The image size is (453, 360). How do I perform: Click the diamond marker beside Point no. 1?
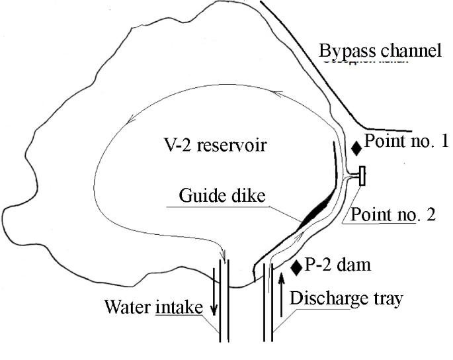(356, 148)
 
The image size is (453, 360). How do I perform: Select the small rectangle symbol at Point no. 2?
(362, 177)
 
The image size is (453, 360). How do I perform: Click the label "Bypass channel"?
(380, 50)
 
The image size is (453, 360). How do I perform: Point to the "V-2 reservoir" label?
(216, 144)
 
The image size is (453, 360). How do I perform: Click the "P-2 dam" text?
(338, 266)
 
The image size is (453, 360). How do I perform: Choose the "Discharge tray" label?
(346, 298)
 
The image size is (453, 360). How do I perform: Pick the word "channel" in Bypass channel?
(411, 50)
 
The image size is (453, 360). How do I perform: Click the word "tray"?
(386, 299)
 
